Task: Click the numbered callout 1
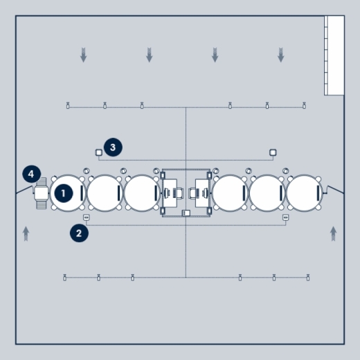tap(64, 193)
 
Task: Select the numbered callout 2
tap(79, 233)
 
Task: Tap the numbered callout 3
tap(113, 147)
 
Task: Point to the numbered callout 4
tap(32, 174)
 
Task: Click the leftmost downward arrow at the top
tap(83, 55)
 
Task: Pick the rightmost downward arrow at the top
tap(280, 55)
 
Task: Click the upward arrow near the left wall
tap(26, 234)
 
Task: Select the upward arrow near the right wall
tap(333, 234)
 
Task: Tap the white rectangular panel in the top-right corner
tap(334, 55)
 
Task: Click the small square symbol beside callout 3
tap(99, 152)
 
